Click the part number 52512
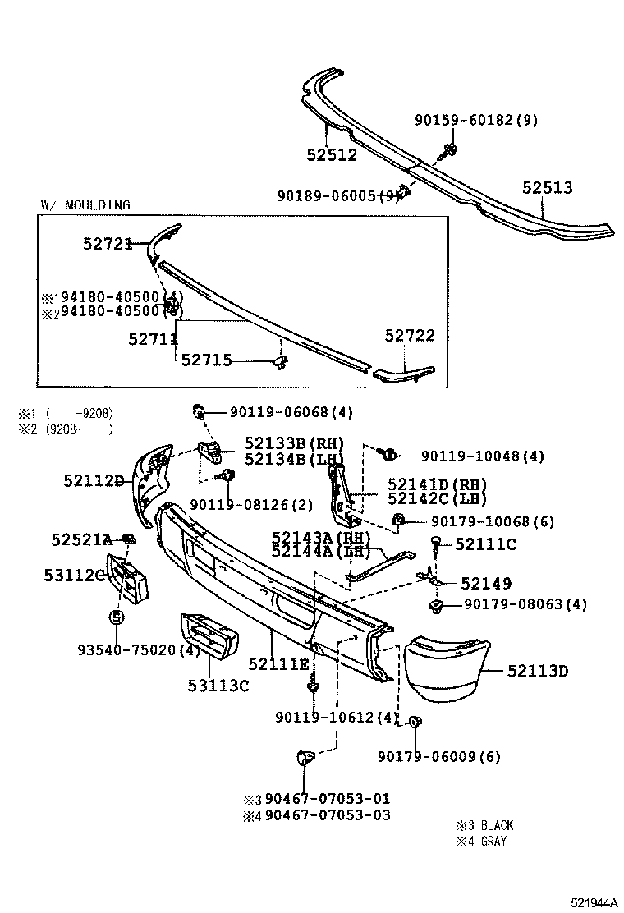coord(332,154)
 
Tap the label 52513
coord(548,188)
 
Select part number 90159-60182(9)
coord(476,120)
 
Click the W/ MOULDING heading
coord(85,204)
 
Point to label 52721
coord(108,243)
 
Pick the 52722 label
coord(410,336)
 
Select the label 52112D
coord(94,481)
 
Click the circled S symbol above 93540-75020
coord(116,617)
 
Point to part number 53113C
coord(218,685)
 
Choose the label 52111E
coord(278,663)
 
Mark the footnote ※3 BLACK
coord(484,825)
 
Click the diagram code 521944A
coord(595,902)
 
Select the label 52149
coord(486,584)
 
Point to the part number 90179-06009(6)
coord(438,756)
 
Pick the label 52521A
coord(81,539)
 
